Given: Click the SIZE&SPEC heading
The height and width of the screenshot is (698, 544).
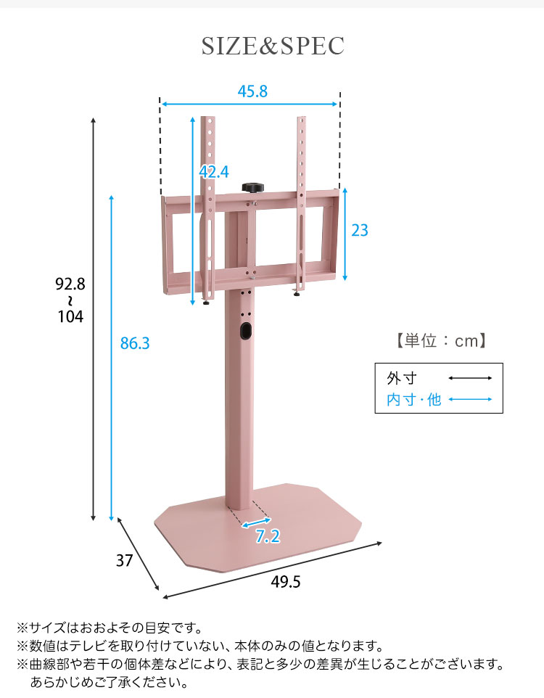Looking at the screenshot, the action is click(x=273, y=46).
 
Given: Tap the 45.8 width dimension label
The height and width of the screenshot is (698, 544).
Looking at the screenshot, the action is click(x=252, y=91).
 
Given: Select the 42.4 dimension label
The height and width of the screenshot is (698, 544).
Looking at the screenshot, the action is click(x=214, y=171).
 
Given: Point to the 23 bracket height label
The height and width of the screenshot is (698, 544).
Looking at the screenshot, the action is click(x=360, y=230).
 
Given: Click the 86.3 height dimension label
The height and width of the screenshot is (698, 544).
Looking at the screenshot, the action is click(x=135, y=343).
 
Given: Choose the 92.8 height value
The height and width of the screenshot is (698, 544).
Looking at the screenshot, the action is click(x=70, y=284).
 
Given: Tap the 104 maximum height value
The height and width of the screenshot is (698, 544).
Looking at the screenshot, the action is click(x=70, y=316).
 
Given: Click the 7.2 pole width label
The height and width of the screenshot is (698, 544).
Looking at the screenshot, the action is click(x=268, y=536).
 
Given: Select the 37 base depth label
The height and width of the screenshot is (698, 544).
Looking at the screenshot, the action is click(x=124, y=560).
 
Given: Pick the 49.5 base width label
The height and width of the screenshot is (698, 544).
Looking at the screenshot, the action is click(x=286, y=582).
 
